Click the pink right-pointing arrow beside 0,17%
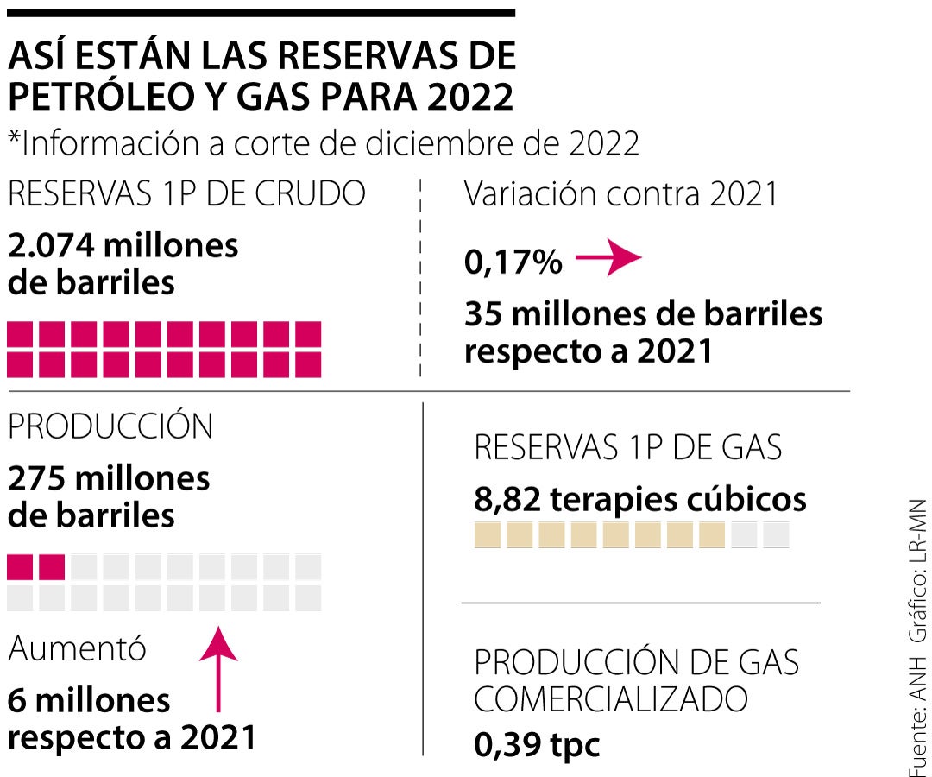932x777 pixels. [x=609, y=259]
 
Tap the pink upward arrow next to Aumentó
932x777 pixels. [x=218, y=668]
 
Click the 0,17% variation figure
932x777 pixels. [x=513, y=262]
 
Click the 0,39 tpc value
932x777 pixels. [x=536, y=744]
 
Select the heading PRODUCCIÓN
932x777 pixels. [x=110, y=426]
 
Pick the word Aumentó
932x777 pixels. [x=77, y=649]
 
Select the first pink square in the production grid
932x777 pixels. [x=20, y=567]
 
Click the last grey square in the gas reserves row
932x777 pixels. [x=776, y=535]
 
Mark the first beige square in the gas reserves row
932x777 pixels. [x=488, y=535]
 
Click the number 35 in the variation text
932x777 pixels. [x=485, y=314]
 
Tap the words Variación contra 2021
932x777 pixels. [x=620, y=194]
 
